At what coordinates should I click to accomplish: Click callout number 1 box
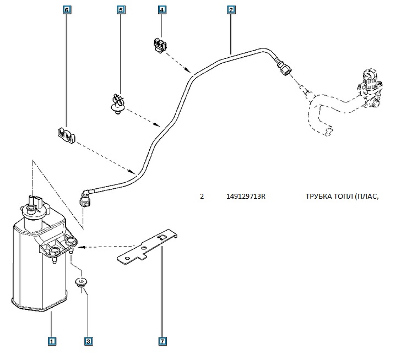(x=51, y=341)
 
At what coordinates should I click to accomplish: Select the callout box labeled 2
(x=231, y=10)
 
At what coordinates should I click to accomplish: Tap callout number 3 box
(x=88, y=341)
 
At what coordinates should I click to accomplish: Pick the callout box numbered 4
(x=162, y=10)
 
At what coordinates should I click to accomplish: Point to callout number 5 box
(x=121, y=10)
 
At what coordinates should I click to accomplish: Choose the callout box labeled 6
(x=67, y=10)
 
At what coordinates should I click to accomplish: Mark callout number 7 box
(x=162, y=341)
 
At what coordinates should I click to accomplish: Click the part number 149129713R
(x=246, y=196)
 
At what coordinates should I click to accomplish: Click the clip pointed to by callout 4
(x=158, y=46)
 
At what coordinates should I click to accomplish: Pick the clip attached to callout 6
(x=66, y=135)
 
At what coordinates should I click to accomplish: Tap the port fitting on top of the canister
(x=36, y=202)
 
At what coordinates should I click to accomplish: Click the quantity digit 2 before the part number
(x=202, y=196)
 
